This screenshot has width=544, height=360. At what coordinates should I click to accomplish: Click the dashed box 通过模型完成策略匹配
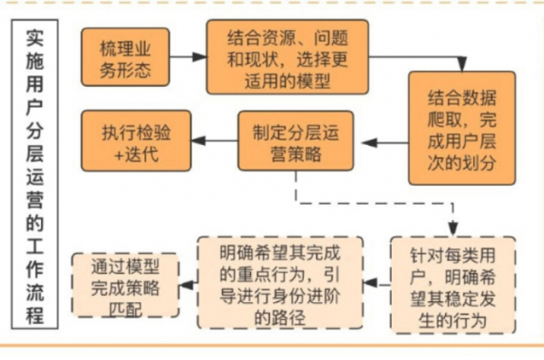[126, 286]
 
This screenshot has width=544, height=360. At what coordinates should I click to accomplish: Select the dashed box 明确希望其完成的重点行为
[279, 282]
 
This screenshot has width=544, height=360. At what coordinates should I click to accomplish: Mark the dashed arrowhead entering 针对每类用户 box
[452, 230]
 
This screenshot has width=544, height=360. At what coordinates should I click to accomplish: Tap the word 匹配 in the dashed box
[126, 308]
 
